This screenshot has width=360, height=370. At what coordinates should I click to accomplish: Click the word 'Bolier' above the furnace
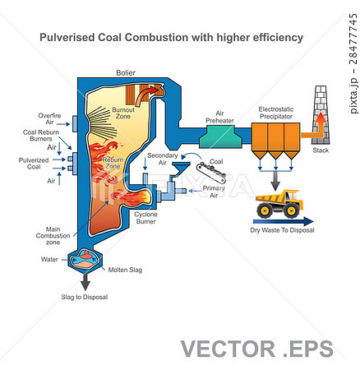pos(126,72)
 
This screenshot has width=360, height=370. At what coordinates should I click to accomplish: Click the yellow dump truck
pos(276,205)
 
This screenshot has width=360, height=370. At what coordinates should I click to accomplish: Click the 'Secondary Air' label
pos(162,159)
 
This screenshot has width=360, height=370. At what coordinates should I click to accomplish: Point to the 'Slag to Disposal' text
pos(85,297)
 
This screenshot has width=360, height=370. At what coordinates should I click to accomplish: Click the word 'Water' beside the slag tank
pos(50,259)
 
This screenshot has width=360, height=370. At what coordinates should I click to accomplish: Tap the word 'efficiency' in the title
pos(273,38)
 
